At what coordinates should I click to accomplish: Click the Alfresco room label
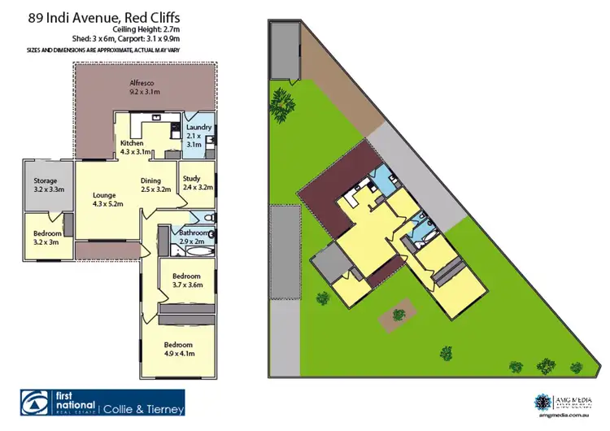[143, 87]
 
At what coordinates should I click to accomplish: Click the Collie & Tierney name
[145, 409]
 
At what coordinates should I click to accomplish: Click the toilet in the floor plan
[210, 218]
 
